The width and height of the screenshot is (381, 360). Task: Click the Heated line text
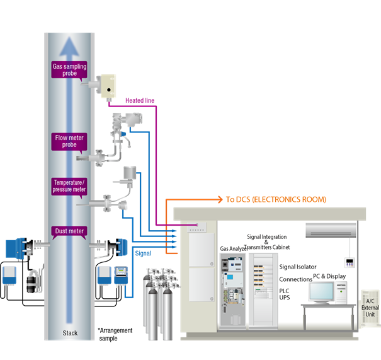pos(139,100)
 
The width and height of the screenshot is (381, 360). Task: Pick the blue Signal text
pos(144,253)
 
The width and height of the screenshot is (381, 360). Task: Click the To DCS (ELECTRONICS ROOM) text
pos(276,200)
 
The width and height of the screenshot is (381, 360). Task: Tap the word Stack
pos(71,332)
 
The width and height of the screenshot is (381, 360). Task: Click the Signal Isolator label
pos(298,267)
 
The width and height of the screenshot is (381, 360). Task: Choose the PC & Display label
pos(330,275)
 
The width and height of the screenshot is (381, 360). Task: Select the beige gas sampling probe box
pos(108,86)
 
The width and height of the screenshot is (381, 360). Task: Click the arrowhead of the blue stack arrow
pos(69,42)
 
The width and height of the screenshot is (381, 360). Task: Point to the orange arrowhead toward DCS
pos(219,200)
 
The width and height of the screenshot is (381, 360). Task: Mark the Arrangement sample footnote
pos(115,334)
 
